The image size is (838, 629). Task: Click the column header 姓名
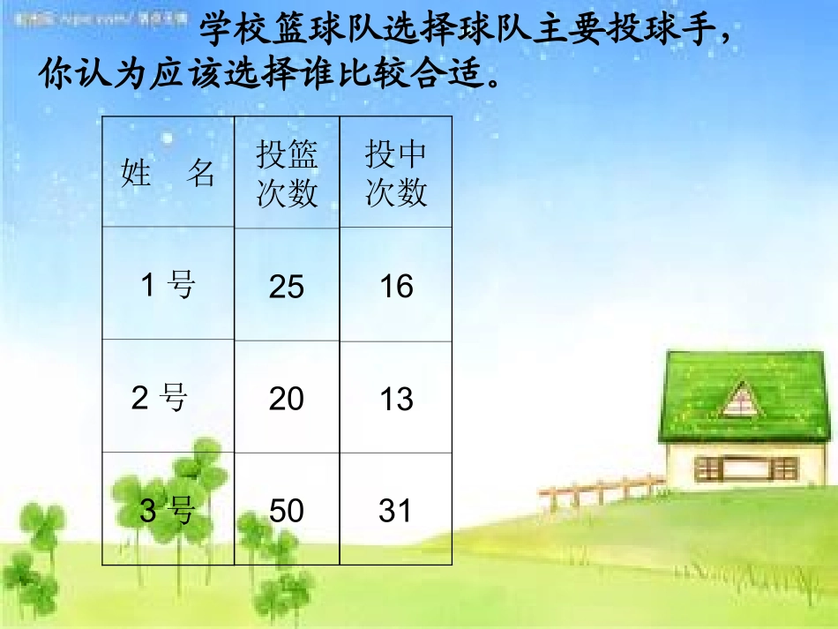[x=168, y=174]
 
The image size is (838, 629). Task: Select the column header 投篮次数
[x=287, y=174]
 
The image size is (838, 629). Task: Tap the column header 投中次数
[x=396, y=174]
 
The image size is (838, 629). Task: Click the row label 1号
[x=168, y=285]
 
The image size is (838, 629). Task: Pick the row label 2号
[x=160, y=399]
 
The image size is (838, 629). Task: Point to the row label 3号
[x=167, y=510]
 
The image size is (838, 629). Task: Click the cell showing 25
[x=287, y=287]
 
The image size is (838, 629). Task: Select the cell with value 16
[x=396, y=286]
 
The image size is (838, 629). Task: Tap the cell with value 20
[x=287, y=400]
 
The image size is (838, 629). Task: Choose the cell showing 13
[x=396, y=400]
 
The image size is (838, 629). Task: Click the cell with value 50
[x=287, y=511]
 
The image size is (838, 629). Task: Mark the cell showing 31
[x=395, y=511]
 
